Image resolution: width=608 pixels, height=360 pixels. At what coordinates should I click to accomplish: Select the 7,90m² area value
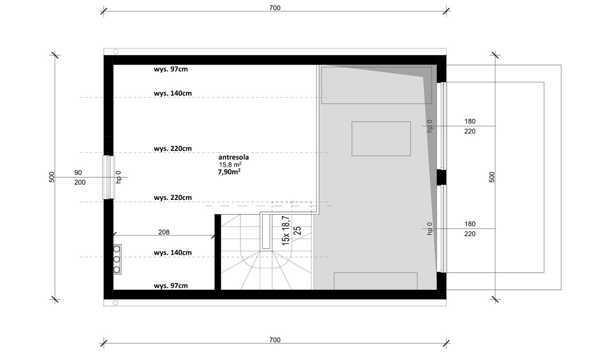(229, 172)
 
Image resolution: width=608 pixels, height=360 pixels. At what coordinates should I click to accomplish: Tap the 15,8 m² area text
(230, 164)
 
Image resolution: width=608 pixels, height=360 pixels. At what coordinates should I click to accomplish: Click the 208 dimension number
(164, 232)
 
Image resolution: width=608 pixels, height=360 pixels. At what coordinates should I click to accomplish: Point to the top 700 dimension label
(275, 8)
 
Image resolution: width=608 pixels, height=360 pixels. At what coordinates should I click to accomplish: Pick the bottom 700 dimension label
(275, 340)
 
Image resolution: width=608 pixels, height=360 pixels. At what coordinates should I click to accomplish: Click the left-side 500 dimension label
(52, 177)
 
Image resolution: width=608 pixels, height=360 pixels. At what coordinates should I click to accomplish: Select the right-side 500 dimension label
(492, 177)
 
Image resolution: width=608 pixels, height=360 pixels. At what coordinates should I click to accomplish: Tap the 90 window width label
(78, 173)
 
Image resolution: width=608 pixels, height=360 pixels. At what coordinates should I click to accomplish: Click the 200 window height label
(80, 182)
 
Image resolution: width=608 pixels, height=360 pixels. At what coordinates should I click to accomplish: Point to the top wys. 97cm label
(171, 69)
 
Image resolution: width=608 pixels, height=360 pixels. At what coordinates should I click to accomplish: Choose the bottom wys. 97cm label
(171, 285)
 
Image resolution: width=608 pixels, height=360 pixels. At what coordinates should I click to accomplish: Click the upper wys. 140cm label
(172, 94)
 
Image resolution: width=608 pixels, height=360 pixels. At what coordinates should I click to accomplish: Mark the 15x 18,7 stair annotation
(286, 231)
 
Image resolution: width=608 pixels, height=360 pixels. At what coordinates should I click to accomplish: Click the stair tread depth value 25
(297, 230)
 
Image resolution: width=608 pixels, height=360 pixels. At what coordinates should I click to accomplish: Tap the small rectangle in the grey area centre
(381, 139)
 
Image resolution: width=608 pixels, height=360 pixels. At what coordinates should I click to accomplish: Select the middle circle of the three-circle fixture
(117, 259)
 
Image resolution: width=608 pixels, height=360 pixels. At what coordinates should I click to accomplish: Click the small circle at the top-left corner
(115, 52)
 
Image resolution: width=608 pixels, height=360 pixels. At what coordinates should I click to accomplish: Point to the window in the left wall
(108, 177)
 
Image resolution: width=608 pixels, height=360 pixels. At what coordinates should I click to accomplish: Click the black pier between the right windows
(441, 178)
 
